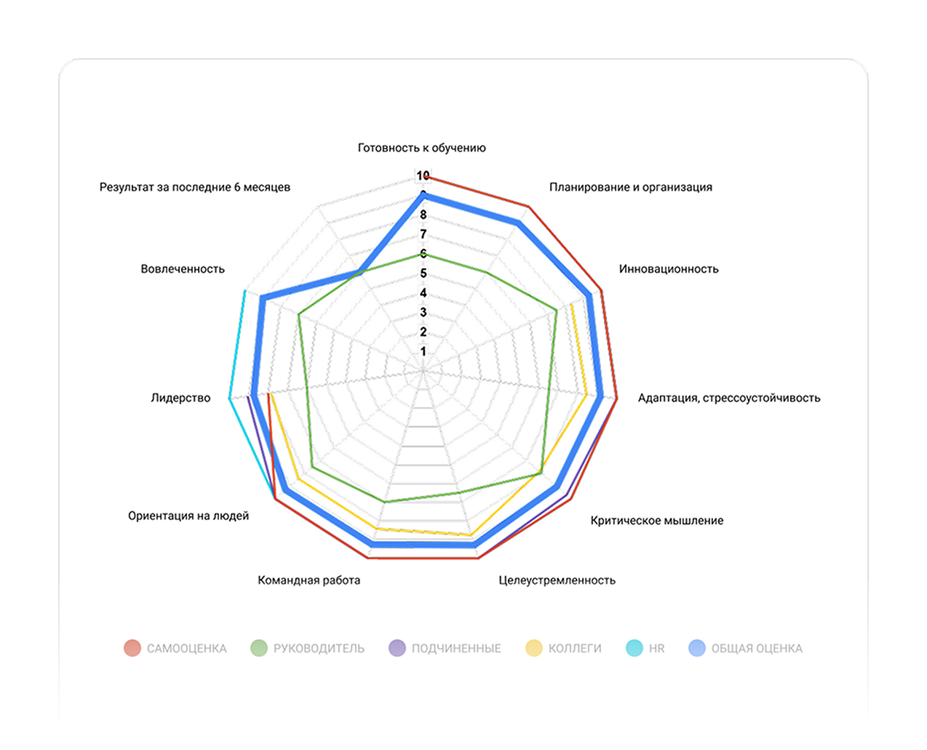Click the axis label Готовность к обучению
[421, 148]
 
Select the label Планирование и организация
[630, 187]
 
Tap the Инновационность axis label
[669, 269]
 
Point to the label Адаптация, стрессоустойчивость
[729, 398]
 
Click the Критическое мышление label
[656, 521]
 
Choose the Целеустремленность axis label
[557, 580]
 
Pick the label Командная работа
[309, 580]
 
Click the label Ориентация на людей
[188, 516]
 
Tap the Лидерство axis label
[180, 398]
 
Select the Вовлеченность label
[183, 269]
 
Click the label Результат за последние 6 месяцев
[195, 187]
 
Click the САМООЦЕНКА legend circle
[132, 648]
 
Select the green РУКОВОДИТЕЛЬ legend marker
[258, 648]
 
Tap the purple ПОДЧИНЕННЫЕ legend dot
[397, 648]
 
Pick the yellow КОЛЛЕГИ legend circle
[534, 648]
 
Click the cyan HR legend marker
[634, 648]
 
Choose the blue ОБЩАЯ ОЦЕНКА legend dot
[697, 648]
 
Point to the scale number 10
[423, 176]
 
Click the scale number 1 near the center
[423, 352]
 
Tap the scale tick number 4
[423, 293]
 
